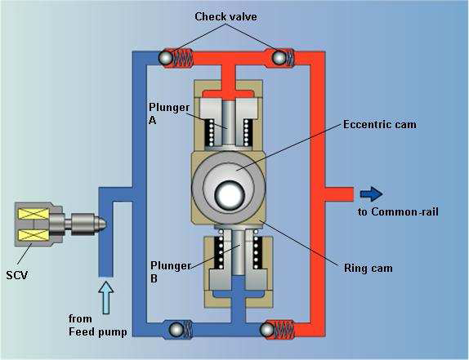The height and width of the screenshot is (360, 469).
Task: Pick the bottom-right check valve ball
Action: pyautogui.click(x=266, y=329)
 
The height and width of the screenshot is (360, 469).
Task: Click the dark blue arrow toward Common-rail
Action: pyautogui.click(x=371, y=193)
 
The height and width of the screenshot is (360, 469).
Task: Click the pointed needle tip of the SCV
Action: pyautogui.click(x=102, y=223)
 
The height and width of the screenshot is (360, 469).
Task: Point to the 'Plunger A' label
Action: pyautogui.click(x=168, y=114)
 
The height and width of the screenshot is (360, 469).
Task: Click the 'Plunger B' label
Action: pyautogui.click(x=171, y=272)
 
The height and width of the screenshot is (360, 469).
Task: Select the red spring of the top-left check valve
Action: pyautogui.click(x=185, y=58)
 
